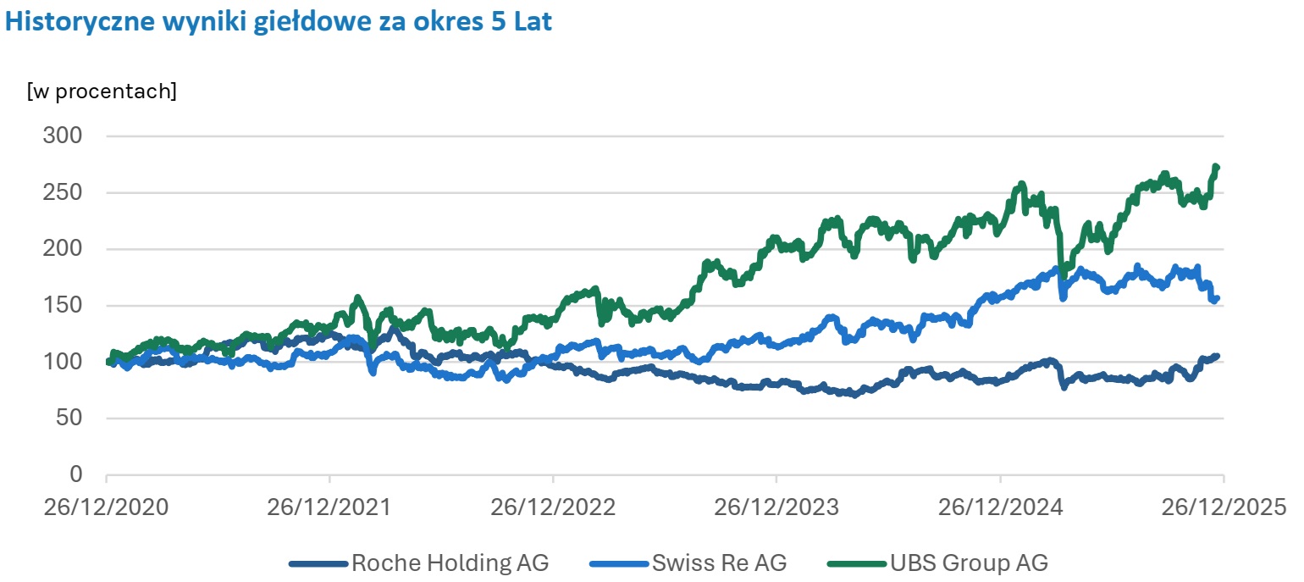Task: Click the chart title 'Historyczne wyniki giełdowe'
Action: [x=279, y=22]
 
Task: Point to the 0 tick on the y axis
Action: [x=76, y=474]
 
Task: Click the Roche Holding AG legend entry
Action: [x=450, y=563]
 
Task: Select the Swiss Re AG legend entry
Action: [x=719, y=563]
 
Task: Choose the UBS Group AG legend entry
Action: [x=968, y=563]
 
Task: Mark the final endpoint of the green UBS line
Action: [x=1217, y=167]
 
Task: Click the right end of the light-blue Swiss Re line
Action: [x=1217, y=297]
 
